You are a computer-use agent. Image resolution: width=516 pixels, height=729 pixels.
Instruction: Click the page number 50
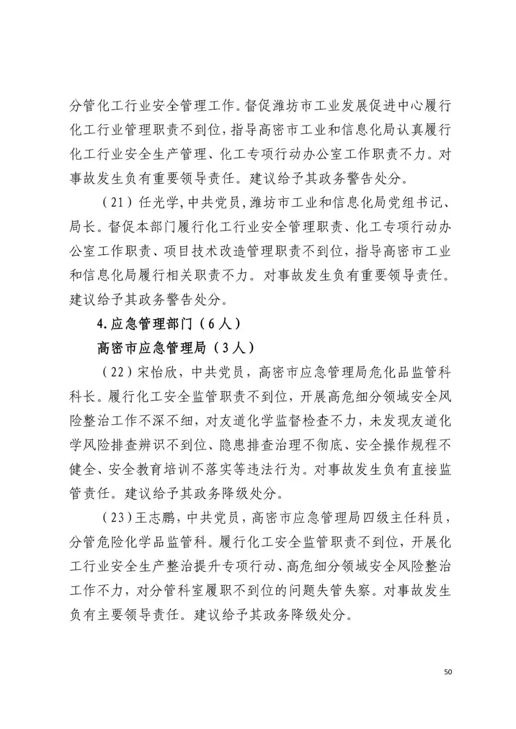click(x=448, y=672)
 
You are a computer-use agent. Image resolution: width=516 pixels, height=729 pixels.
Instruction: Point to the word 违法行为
click(x=277, y=470)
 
